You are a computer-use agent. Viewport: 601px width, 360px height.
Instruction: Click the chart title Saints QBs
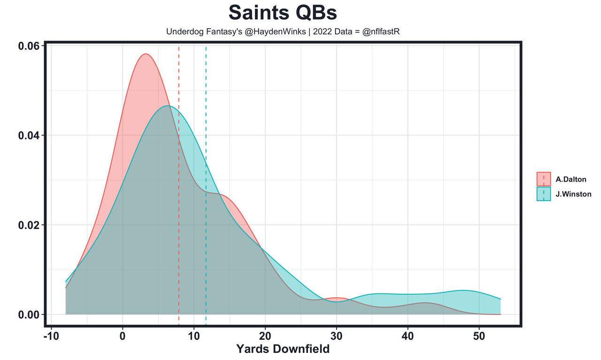click(x=283, y=13)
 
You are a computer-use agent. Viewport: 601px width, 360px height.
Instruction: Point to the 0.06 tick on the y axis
click(x=28, y=46)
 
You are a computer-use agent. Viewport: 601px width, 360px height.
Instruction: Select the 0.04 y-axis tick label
click(x=28, y=136)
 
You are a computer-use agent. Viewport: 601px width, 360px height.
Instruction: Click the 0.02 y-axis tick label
click(x=28, y=225)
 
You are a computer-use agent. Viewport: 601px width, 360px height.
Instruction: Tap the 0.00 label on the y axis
click(x=28, y=314)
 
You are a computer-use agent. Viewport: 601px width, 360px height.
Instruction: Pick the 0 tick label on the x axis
click(x=123, y=337)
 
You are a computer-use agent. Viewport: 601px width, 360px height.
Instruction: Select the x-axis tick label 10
click(x=194, y=337)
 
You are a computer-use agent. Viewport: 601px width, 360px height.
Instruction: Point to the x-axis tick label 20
click(x=265, y=337)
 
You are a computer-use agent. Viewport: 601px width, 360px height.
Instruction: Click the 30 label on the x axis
click(x=337, y=337)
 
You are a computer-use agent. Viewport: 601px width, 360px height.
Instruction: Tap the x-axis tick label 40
click(x=408, y=337)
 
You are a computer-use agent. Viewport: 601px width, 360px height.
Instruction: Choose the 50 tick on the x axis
click(x=479, y=337)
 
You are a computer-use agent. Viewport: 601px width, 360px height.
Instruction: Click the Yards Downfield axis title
click(x=283, y=349)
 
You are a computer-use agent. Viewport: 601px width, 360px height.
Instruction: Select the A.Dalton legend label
click(x=571, y=179)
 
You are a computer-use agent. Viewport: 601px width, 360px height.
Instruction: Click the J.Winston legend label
click(x=573, y=194)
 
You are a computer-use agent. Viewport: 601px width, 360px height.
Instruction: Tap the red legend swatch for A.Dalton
click(x=544, y=179)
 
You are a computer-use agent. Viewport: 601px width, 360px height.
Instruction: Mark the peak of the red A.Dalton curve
click(x=146, y=54)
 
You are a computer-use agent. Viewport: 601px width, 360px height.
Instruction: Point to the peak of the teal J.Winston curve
click(x=168, y=106)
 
